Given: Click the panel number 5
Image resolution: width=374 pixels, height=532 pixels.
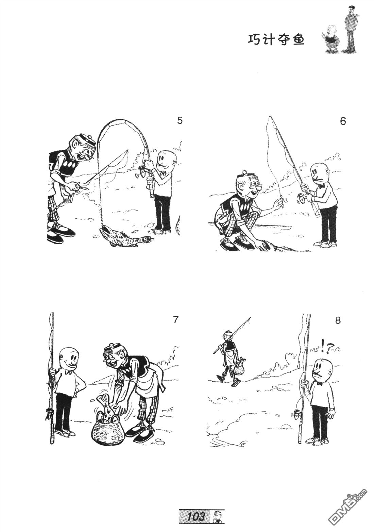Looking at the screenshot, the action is [180, 121].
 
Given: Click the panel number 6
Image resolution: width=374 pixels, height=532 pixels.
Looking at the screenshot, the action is [343, 121].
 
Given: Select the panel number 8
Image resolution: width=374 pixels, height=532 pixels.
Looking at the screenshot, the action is [338, 320].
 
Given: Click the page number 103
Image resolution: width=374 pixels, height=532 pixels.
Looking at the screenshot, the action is [196, 523].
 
